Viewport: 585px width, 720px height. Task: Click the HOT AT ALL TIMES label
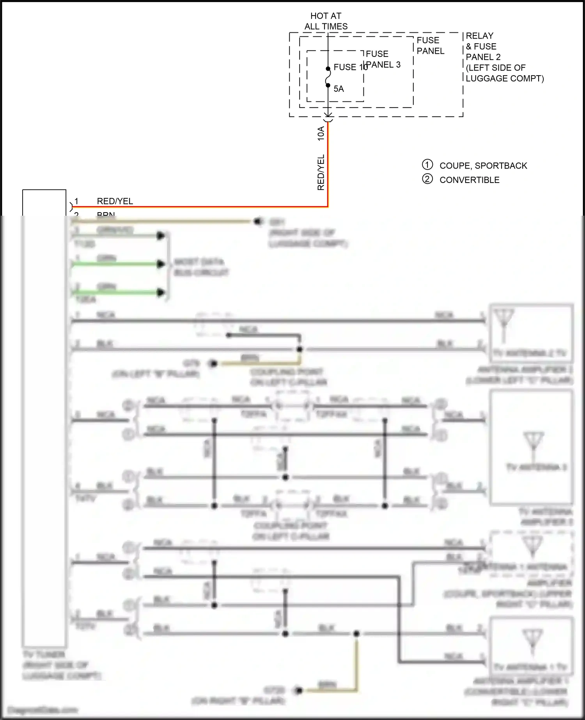326,21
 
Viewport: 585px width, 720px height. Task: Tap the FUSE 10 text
350,67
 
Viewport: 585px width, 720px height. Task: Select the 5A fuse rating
339,89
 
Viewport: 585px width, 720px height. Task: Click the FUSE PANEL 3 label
383,59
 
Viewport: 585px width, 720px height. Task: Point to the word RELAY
479,36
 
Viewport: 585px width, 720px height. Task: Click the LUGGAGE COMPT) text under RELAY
504,78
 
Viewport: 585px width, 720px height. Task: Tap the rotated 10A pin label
321,133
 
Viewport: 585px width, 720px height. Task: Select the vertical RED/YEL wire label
321,172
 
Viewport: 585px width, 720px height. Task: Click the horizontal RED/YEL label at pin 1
115,201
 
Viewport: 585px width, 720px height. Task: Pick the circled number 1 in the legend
427,165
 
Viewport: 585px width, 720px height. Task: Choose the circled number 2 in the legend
427,179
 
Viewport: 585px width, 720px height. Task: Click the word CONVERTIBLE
469,180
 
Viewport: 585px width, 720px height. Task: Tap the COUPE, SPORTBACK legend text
483,166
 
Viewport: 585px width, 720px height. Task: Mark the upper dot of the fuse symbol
328,69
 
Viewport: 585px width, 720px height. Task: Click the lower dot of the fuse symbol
328,85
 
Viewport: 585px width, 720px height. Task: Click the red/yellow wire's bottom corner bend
328,206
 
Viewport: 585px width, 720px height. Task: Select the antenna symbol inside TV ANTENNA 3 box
534,443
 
